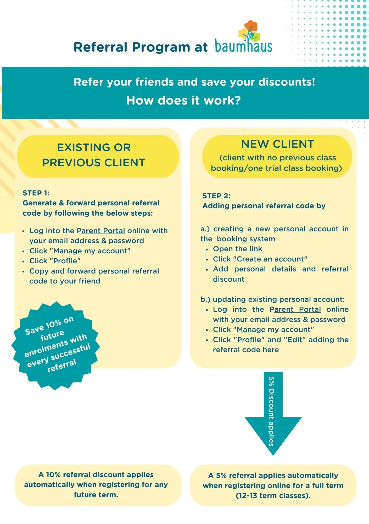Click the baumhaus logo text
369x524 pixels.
point(243,46)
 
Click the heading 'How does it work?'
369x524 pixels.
point(184,100)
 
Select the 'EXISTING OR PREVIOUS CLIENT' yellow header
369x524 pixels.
point(98,156)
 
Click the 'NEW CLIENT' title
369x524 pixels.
point(278,144)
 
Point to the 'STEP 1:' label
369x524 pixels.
point(36,193)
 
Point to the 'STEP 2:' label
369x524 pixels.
point(216,196)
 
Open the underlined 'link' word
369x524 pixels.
point(256,249)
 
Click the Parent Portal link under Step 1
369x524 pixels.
point(101,231)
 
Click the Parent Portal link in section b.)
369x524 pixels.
point(295,309)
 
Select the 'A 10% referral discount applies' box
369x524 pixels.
point(98,485)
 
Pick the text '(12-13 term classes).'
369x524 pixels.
point(273,496)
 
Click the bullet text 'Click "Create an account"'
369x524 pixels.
point(260,259)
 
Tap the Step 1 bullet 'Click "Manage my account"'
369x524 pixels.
point(80,251)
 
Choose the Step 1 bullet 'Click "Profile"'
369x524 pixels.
point(55,261)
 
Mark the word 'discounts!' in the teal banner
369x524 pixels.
point(287,82)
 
